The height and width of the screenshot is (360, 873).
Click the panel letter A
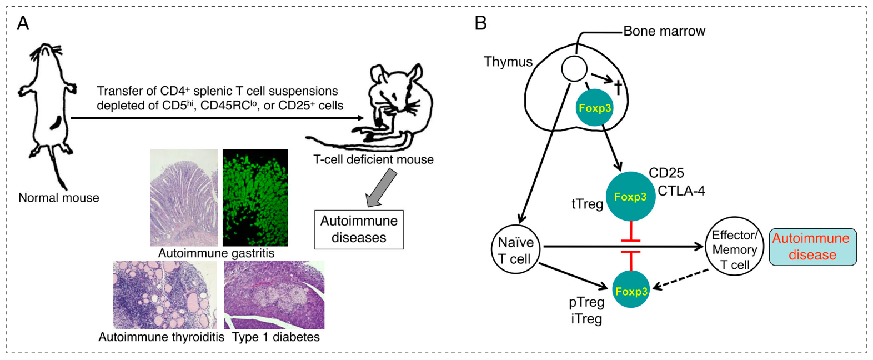coord(23,23)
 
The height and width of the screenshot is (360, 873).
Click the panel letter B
coord(481,23)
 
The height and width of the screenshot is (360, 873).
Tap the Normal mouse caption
coord(59,198)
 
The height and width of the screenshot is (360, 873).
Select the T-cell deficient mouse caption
coord(373,159)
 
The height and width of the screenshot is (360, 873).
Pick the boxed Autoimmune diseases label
coord(359,229)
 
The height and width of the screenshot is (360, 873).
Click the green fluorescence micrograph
coord(255,197)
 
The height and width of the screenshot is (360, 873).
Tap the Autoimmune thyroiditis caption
coord(161,337)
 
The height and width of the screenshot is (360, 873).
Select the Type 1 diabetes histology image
coord(274,295)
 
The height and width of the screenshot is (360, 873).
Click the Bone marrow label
coord(664,31)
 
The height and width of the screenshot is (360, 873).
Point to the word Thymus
coord(508,62)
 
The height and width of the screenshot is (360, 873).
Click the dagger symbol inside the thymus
coord(618,88)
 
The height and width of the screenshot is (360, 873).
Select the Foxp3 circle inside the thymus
coord(595,108)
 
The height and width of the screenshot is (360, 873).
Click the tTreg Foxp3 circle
coord(630,197)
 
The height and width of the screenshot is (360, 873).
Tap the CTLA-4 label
coord(681,191)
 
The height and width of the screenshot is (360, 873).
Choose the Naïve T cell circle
coord(515,250)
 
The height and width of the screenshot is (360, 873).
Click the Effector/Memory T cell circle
coord(735,247)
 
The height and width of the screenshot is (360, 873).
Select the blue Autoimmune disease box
coord(812,247)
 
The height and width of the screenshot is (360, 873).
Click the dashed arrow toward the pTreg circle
coord(681,279)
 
